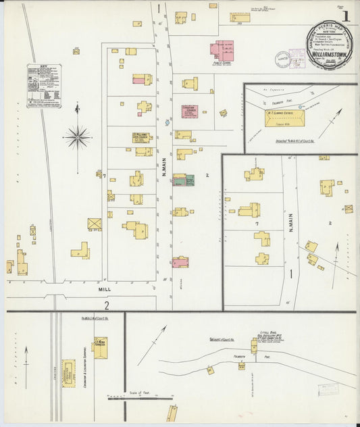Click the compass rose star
78,137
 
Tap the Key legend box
45,86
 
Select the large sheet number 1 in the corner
346,14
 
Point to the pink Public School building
221,49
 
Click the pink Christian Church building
190,111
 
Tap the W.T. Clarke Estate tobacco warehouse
284,119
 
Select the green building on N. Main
190,180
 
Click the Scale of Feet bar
141,398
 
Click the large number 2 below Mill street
106,305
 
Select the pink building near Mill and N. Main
180,262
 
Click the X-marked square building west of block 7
94,224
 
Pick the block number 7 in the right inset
257,222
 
